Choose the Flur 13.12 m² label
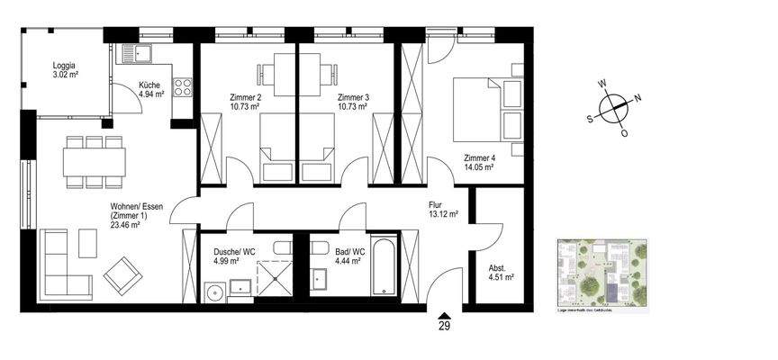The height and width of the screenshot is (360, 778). [443, 210]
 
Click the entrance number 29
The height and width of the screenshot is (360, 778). [443, 327]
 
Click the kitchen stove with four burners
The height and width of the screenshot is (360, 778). [183, 88]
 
